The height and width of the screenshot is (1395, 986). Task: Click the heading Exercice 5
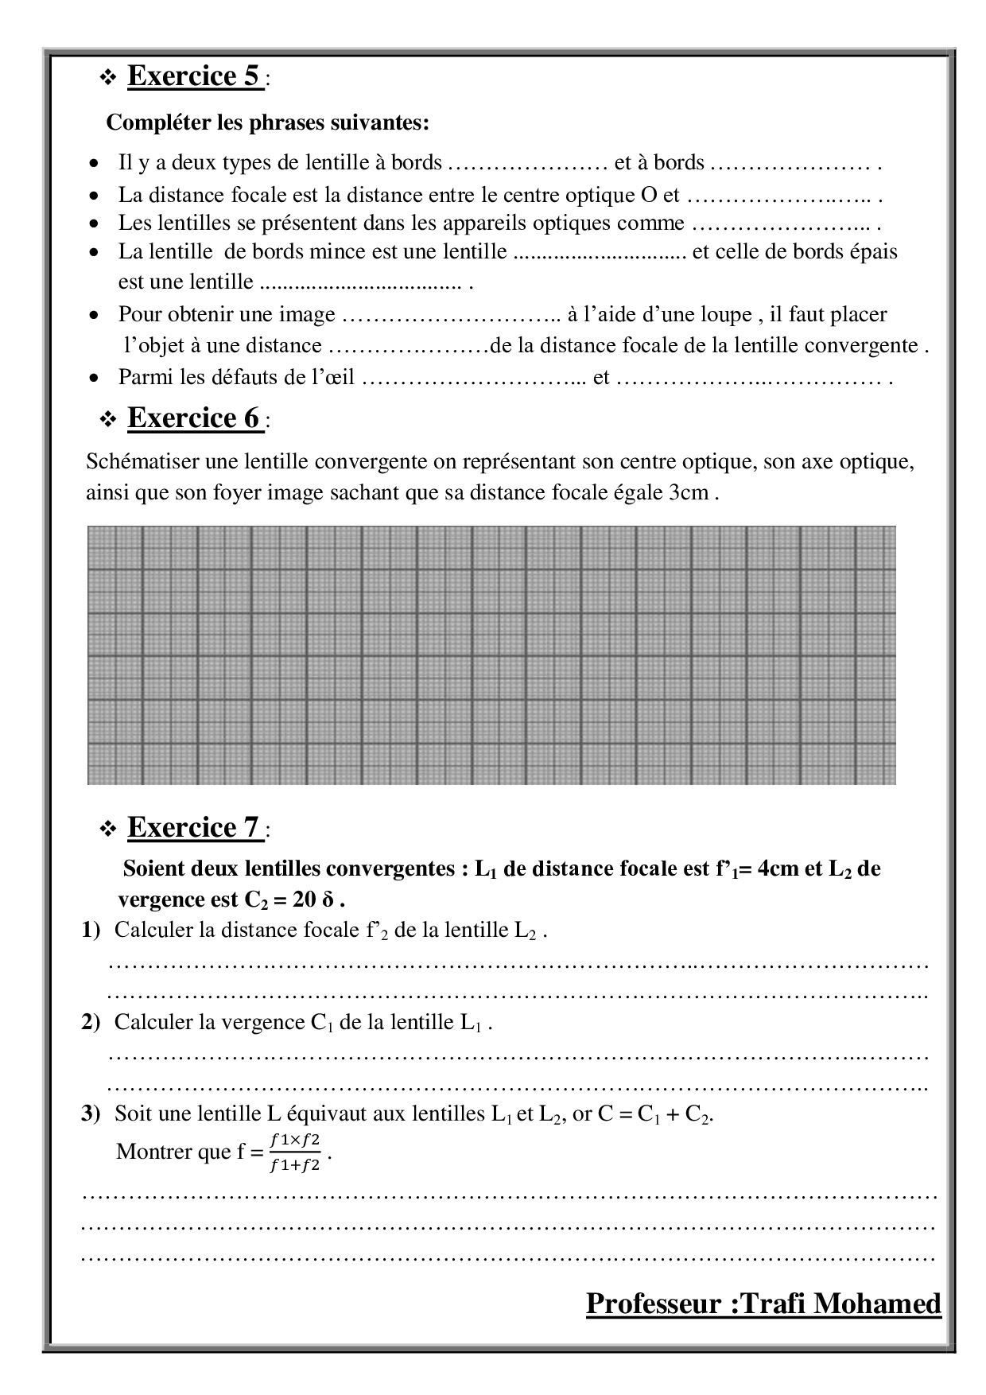195,76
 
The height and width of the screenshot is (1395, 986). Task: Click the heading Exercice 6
195,418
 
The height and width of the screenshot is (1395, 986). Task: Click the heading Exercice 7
195,828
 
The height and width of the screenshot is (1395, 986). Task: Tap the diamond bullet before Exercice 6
107,420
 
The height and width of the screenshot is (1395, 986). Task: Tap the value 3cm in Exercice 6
688,493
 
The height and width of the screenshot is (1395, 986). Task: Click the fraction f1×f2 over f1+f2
295,1152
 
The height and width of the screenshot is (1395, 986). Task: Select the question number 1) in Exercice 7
91,930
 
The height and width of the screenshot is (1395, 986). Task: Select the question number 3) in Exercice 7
91,1113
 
